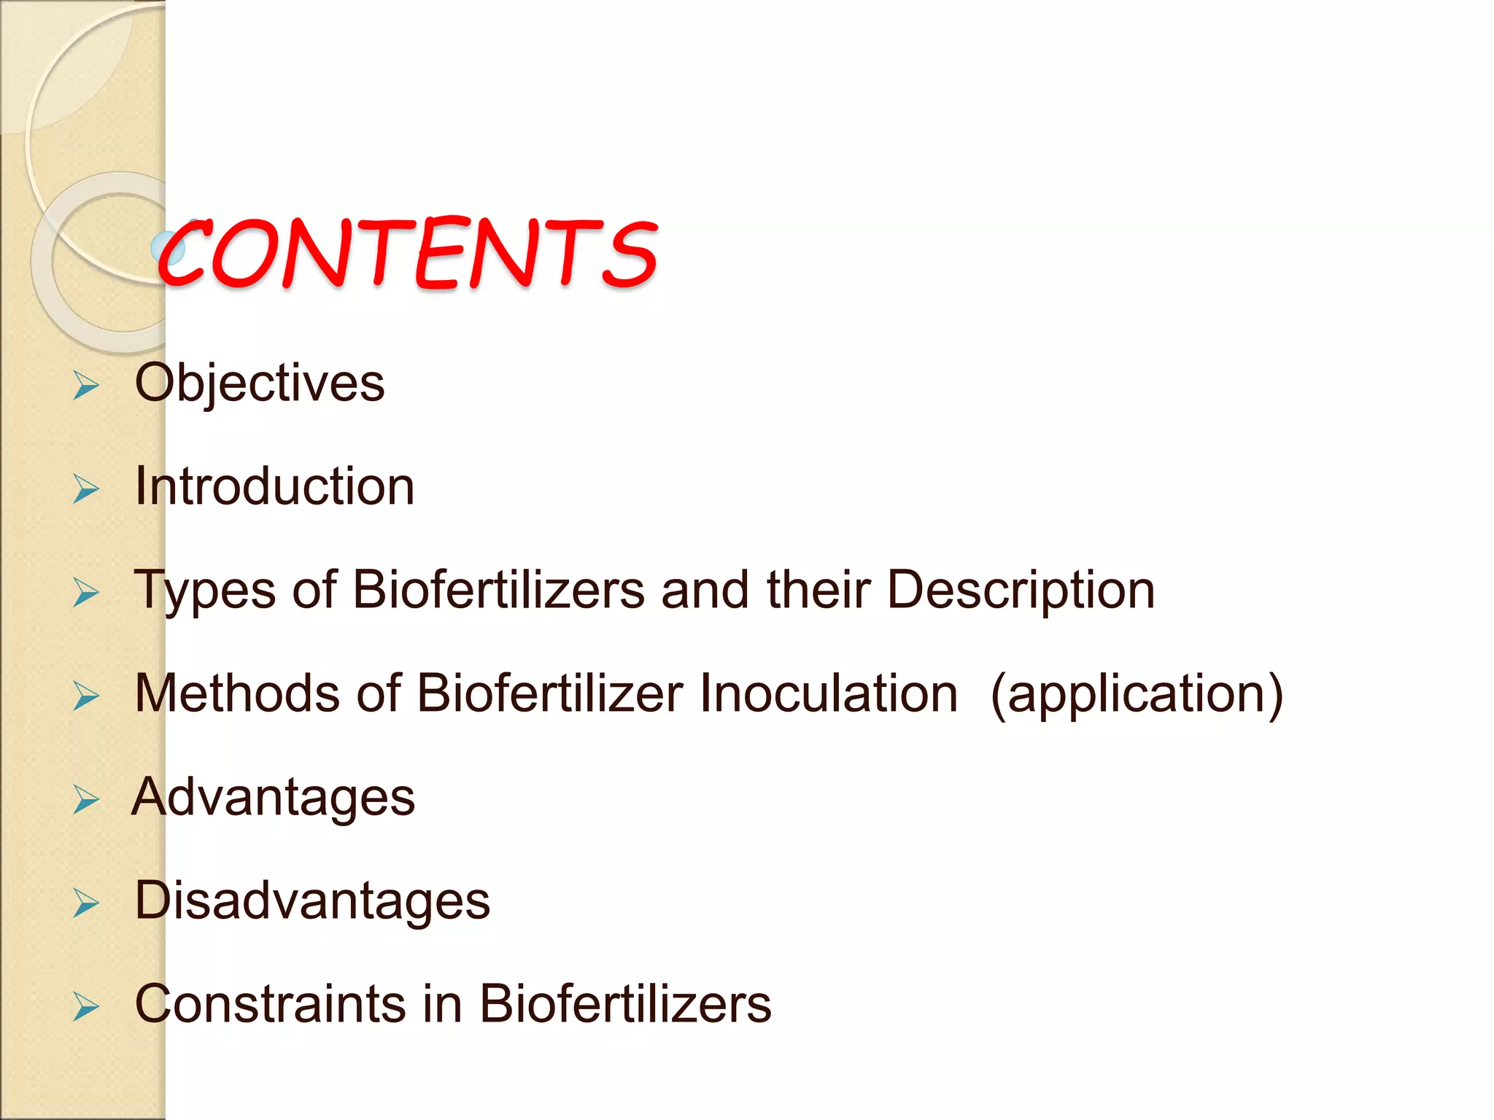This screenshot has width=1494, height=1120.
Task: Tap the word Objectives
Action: (260, 384)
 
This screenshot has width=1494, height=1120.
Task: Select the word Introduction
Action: (275, 486)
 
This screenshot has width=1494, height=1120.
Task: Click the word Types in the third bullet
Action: (204, 591)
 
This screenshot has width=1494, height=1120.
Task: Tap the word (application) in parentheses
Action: (1137, 694)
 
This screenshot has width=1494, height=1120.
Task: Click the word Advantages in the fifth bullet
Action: (274, 797)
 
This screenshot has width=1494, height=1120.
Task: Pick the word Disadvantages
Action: (312, 901)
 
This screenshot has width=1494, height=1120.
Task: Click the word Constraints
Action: (268, 1004)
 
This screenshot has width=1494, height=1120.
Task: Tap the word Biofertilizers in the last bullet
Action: (624, 1004)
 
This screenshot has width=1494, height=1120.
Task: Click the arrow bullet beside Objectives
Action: (86, 386)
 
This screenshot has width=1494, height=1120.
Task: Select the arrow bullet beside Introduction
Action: (86, 489)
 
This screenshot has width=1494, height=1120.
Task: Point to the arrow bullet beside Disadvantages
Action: (86, 903)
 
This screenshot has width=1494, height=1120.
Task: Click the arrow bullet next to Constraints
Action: (86, 1007)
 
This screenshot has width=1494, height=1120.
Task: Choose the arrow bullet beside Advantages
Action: (86, 800)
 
